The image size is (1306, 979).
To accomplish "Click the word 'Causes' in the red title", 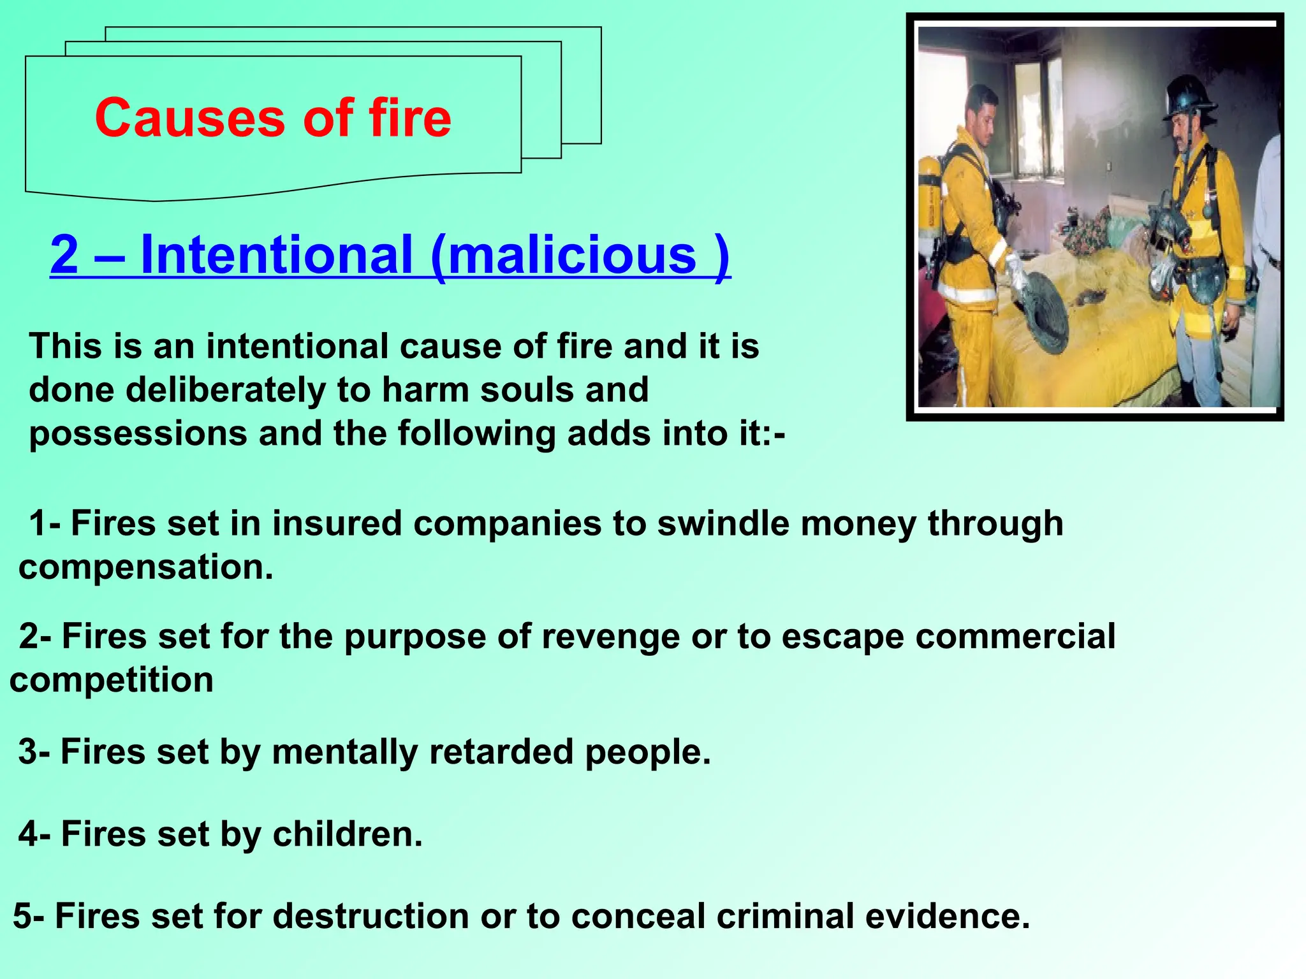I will point(190,119).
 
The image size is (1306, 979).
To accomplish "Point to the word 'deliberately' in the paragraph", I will point(225,389).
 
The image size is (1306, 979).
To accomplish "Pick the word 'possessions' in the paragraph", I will point(138,433).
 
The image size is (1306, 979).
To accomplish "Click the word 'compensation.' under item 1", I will point(146,567).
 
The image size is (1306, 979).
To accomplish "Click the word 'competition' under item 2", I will point(112,679).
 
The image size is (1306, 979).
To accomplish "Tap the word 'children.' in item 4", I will point(348,834).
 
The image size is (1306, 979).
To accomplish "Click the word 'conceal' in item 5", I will point(638,917).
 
